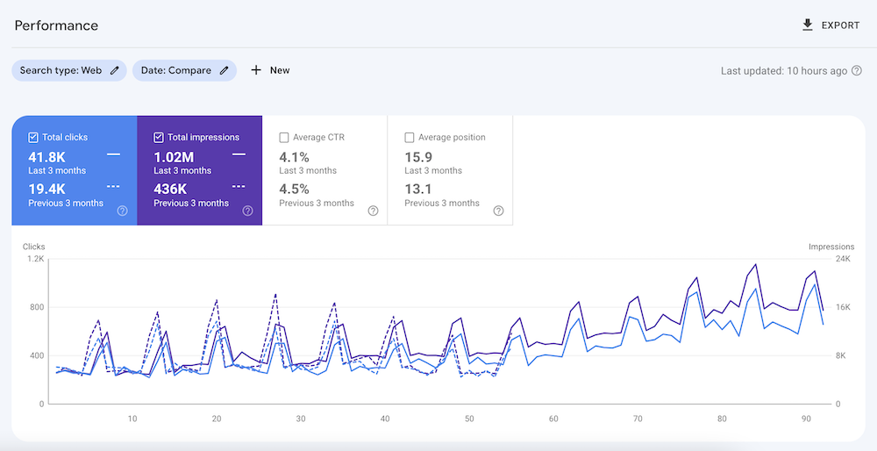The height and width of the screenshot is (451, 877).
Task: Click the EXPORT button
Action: [x=831, y=25]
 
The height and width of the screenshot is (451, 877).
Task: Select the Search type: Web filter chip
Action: [x=69, y=70]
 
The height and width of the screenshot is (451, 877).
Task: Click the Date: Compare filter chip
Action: [x=184, y=70]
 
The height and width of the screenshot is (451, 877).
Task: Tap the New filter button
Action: [x=270, y=70]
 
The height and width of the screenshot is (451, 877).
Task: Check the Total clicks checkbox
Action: [x=33, y=138]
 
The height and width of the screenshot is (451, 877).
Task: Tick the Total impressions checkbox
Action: [x=159, y=138]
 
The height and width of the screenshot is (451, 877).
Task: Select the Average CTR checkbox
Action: [x=284, y=138]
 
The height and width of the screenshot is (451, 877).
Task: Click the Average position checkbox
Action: [x=410, y=138]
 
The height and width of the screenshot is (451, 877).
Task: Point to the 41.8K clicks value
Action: [x=47, y=156]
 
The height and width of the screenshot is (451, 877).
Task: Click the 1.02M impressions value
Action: [x=174, y=156]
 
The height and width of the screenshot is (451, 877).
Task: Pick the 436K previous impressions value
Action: [x=170, y=189]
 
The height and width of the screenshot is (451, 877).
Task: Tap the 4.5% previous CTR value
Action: [x=294, y=189]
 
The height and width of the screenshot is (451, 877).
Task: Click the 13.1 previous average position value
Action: [x=417, y=189]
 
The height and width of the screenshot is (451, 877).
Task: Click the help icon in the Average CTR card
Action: [x=373, y=211]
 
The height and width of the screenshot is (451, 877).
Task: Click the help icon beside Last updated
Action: [x=856, y=71]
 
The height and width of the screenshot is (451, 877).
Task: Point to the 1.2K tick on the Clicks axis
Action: [x=35, y=259]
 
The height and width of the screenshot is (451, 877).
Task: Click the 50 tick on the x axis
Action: [x=469, y=419]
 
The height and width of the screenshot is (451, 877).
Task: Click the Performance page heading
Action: [x=56, y=25]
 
